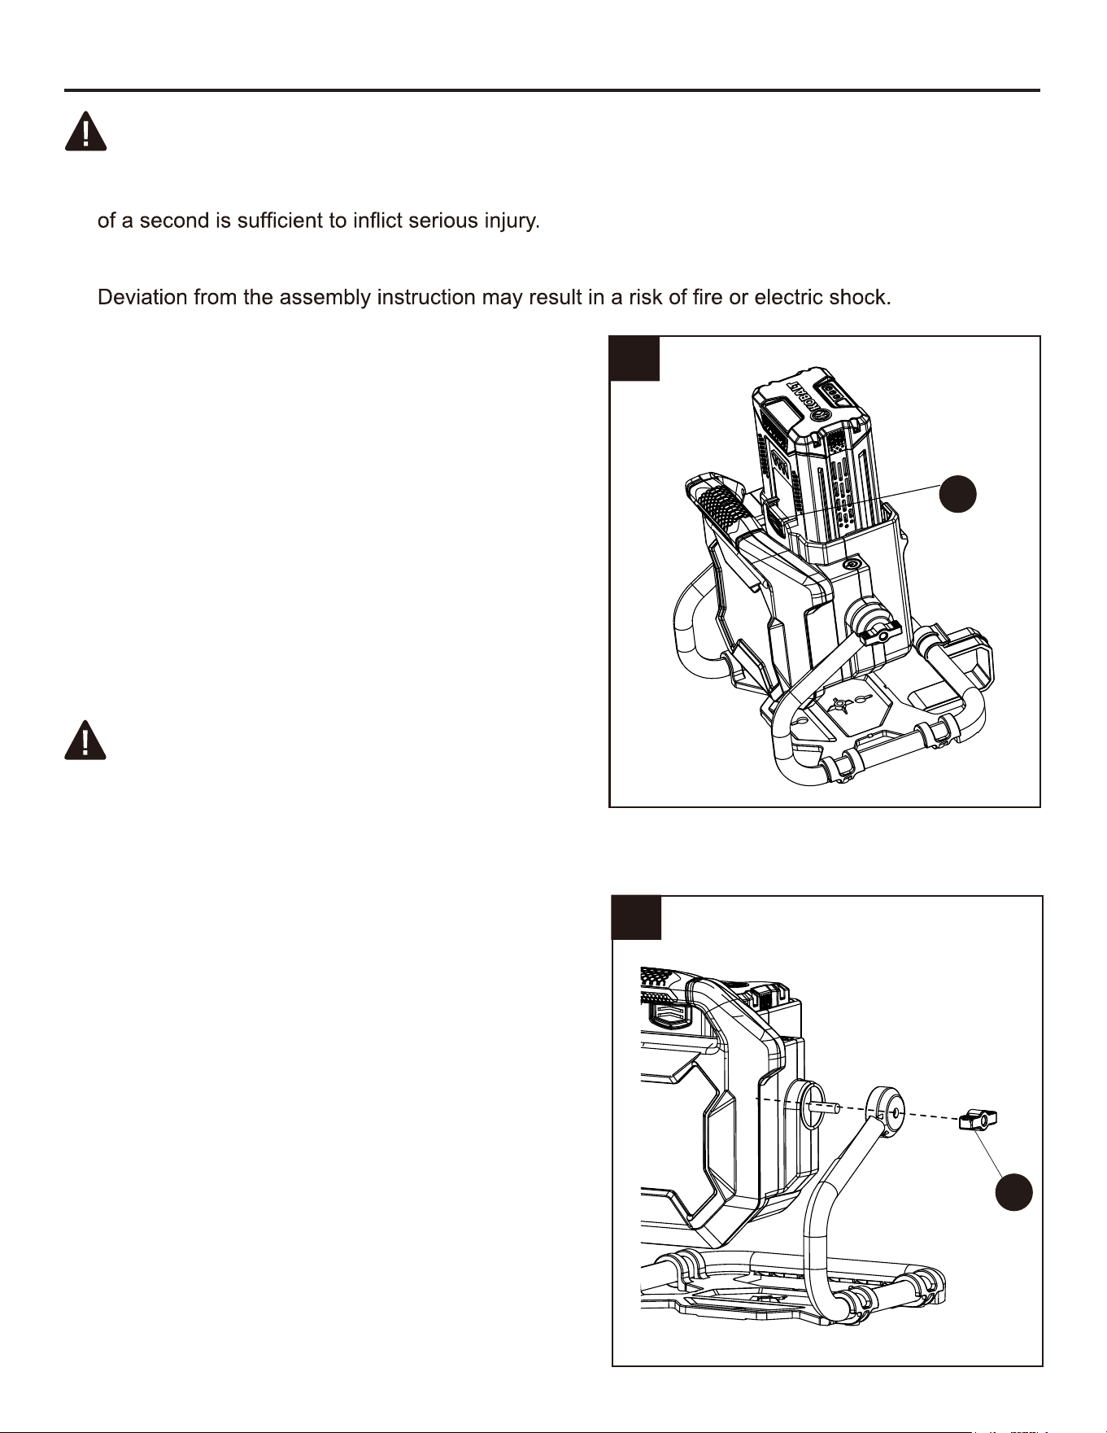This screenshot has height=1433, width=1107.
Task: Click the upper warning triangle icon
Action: coord(85,131)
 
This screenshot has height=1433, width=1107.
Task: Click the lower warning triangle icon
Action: coord(85,740)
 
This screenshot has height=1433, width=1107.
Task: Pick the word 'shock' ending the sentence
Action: coord(860,297)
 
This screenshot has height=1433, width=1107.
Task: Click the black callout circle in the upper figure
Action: coord(958,494)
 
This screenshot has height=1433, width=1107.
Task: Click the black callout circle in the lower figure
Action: coord(1014,1193)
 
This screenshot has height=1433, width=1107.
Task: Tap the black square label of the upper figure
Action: coord(634,359)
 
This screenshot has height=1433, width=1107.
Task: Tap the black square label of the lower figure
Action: coord(637,918)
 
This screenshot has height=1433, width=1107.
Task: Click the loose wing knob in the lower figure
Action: coord(978,1121)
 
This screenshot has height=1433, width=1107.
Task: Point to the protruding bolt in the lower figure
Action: coord(824,1107)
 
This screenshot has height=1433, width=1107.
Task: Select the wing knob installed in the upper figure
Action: coord(880,631)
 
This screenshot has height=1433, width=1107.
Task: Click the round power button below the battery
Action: coord(852,564)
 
